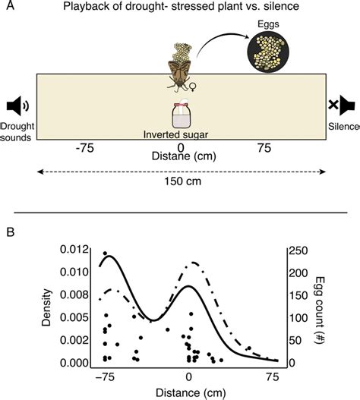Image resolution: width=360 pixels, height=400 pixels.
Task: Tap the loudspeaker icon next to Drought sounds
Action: pyautogui.click(x=15, y=106)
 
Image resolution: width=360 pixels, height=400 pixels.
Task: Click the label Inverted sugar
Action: pyautogui.click(x=180, y=137)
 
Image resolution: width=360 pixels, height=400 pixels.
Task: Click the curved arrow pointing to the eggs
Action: pyautogui.click(x=220, y=46)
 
